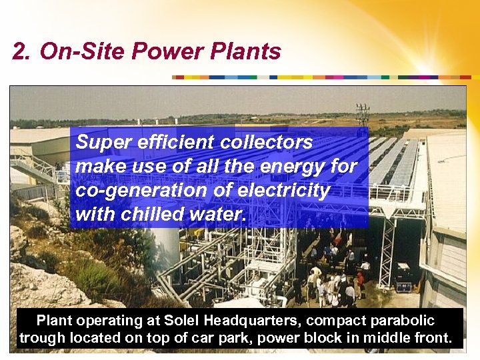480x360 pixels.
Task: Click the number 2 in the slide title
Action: tap(19, 52)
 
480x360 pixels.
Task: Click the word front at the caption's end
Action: tap(434, 338)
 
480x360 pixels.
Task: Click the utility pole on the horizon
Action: tap(363, 115)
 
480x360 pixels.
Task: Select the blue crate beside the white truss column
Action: tap(404, 286)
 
